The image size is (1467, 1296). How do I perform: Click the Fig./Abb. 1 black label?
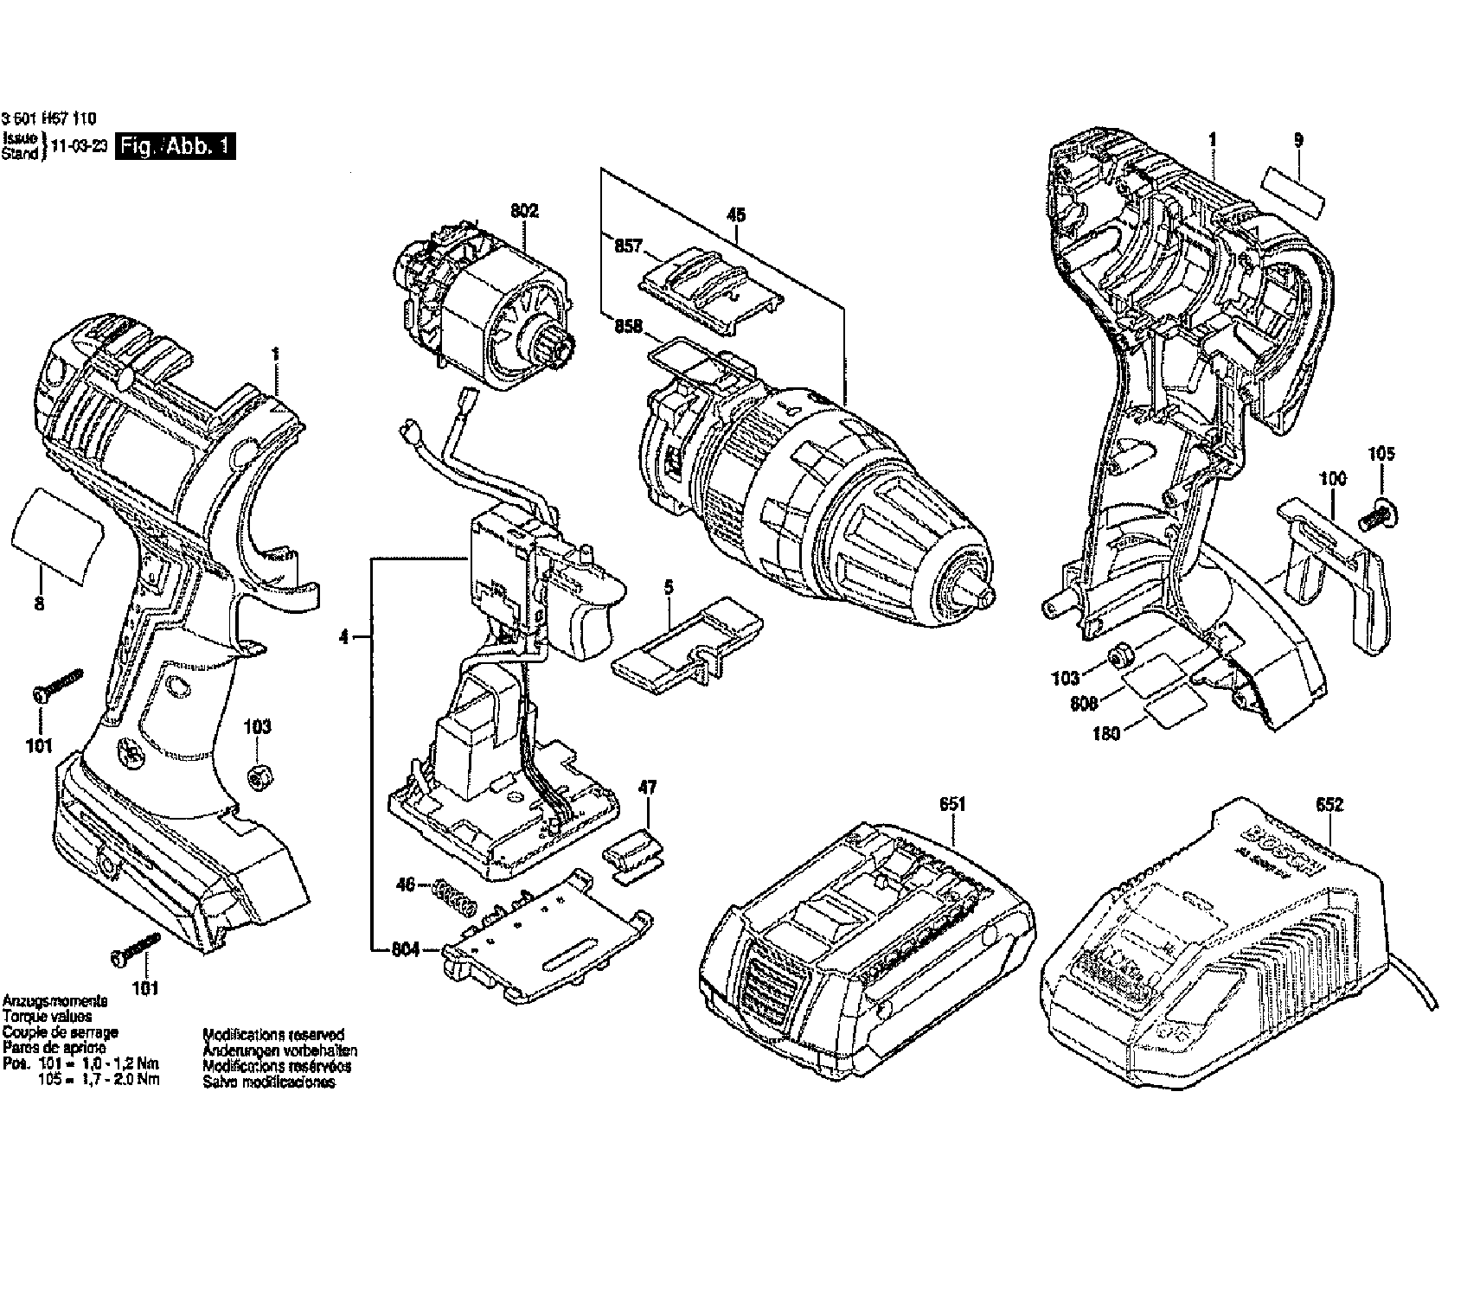176,146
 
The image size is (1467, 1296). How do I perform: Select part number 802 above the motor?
524,210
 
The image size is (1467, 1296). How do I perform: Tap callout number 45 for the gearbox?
736,214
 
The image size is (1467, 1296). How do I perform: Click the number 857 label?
628,246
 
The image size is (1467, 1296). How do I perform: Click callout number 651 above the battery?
951,804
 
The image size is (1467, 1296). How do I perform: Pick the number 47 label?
647,788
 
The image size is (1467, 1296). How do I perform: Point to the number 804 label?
404,951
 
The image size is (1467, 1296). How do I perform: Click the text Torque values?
47,1017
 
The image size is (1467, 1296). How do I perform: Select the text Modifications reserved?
272,1034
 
